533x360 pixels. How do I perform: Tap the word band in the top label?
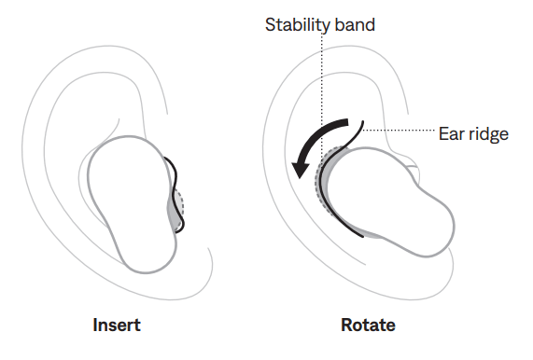(x=354, y=24)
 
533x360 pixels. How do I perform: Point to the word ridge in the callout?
(x=487, y=134)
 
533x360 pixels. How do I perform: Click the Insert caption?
(x=117, y=325)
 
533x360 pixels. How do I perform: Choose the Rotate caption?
(x=368, y=325)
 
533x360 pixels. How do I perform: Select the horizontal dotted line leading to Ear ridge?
(x=401, y=129)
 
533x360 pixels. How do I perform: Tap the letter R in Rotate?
(x=346, y=325)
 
